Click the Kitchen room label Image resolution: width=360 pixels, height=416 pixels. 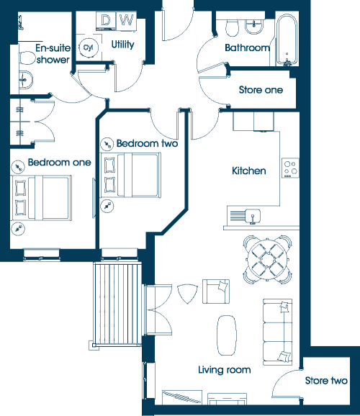[249, 171]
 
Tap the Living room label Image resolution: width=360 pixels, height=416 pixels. [225, 370]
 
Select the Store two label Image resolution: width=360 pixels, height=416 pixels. [326, 381]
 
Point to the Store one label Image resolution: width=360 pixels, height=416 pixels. [261, 90]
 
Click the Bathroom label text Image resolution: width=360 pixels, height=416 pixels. [247, 48]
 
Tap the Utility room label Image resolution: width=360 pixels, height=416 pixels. [122, 45]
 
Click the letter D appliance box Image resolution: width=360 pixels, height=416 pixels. [106, 20]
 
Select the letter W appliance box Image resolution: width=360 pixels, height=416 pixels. [127, 19]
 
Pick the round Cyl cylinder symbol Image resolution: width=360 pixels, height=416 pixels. [89, 48]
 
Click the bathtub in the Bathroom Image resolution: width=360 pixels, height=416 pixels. [287, 40]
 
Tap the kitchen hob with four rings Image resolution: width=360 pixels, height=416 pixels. [290, 168]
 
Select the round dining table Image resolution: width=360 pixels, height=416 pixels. [268, 259]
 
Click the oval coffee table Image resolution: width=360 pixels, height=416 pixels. [227, 335]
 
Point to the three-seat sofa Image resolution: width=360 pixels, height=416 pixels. [277, 332]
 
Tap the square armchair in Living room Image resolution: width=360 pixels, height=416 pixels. [216, 291]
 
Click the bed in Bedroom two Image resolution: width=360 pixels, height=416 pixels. [130, 175]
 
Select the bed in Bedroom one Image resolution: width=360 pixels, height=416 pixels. [42, 198]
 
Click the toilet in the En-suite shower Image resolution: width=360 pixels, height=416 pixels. [27, 58]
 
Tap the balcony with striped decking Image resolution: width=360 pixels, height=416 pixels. [117, 304]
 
